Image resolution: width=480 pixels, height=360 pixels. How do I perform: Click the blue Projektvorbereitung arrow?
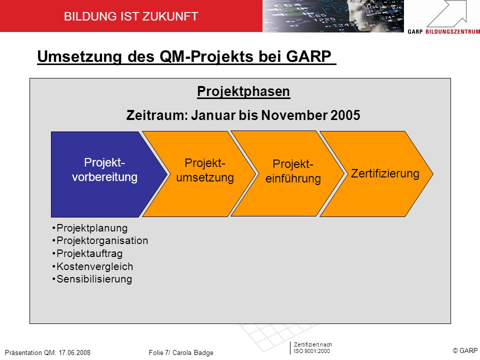coord(104,174)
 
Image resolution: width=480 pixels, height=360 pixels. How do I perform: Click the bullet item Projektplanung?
coord(89,228)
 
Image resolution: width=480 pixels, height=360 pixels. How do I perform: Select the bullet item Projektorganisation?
coord(100,240)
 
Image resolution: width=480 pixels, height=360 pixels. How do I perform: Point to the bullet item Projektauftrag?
coord(87,253)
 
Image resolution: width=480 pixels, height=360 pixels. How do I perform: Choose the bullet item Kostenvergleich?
coord(92,266)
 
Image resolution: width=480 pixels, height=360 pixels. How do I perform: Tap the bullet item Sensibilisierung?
coord(92,279)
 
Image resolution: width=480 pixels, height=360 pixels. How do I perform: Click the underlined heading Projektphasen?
coord(243,91)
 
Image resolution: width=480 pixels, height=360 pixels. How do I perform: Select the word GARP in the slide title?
coord(308,56)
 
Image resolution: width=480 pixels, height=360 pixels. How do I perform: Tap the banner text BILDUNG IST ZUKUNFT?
coord(131,16)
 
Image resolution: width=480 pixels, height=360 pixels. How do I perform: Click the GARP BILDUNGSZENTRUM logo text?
coord(444,31)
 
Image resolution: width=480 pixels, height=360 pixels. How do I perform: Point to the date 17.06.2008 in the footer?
coord(74,352)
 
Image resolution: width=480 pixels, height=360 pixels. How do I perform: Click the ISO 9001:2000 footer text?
coord(312,351)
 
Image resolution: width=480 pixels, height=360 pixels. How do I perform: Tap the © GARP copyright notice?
coord(465,350)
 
